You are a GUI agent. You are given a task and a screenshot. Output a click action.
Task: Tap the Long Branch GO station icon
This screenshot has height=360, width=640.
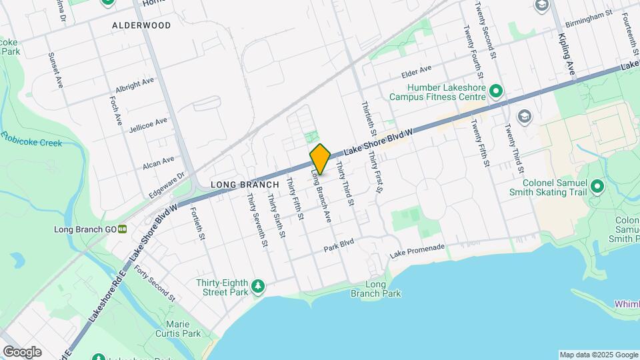[x=123, y=229]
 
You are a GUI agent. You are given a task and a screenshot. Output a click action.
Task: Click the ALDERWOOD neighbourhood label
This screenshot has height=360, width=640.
[x=141, y=25]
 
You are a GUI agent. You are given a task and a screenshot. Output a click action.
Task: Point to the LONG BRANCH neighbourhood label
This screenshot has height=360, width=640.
[x=239, y=183]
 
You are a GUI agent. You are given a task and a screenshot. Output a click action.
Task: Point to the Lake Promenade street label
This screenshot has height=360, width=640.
[x=417, y=253]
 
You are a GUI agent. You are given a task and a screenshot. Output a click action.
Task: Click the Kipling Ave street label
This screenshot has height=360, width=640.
[x=566, y=53]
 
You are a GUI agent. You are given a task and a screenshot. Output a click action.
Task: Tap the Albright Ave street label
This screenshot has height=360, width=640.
[x=134, y=85]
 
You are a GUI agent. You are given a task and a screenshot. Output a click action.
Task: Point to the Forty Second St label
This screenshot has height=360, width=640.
[x=153, y=283]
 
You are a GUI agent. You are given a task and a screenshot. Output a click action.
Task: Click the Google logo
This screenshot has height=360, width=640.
[x=22, y=351]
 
